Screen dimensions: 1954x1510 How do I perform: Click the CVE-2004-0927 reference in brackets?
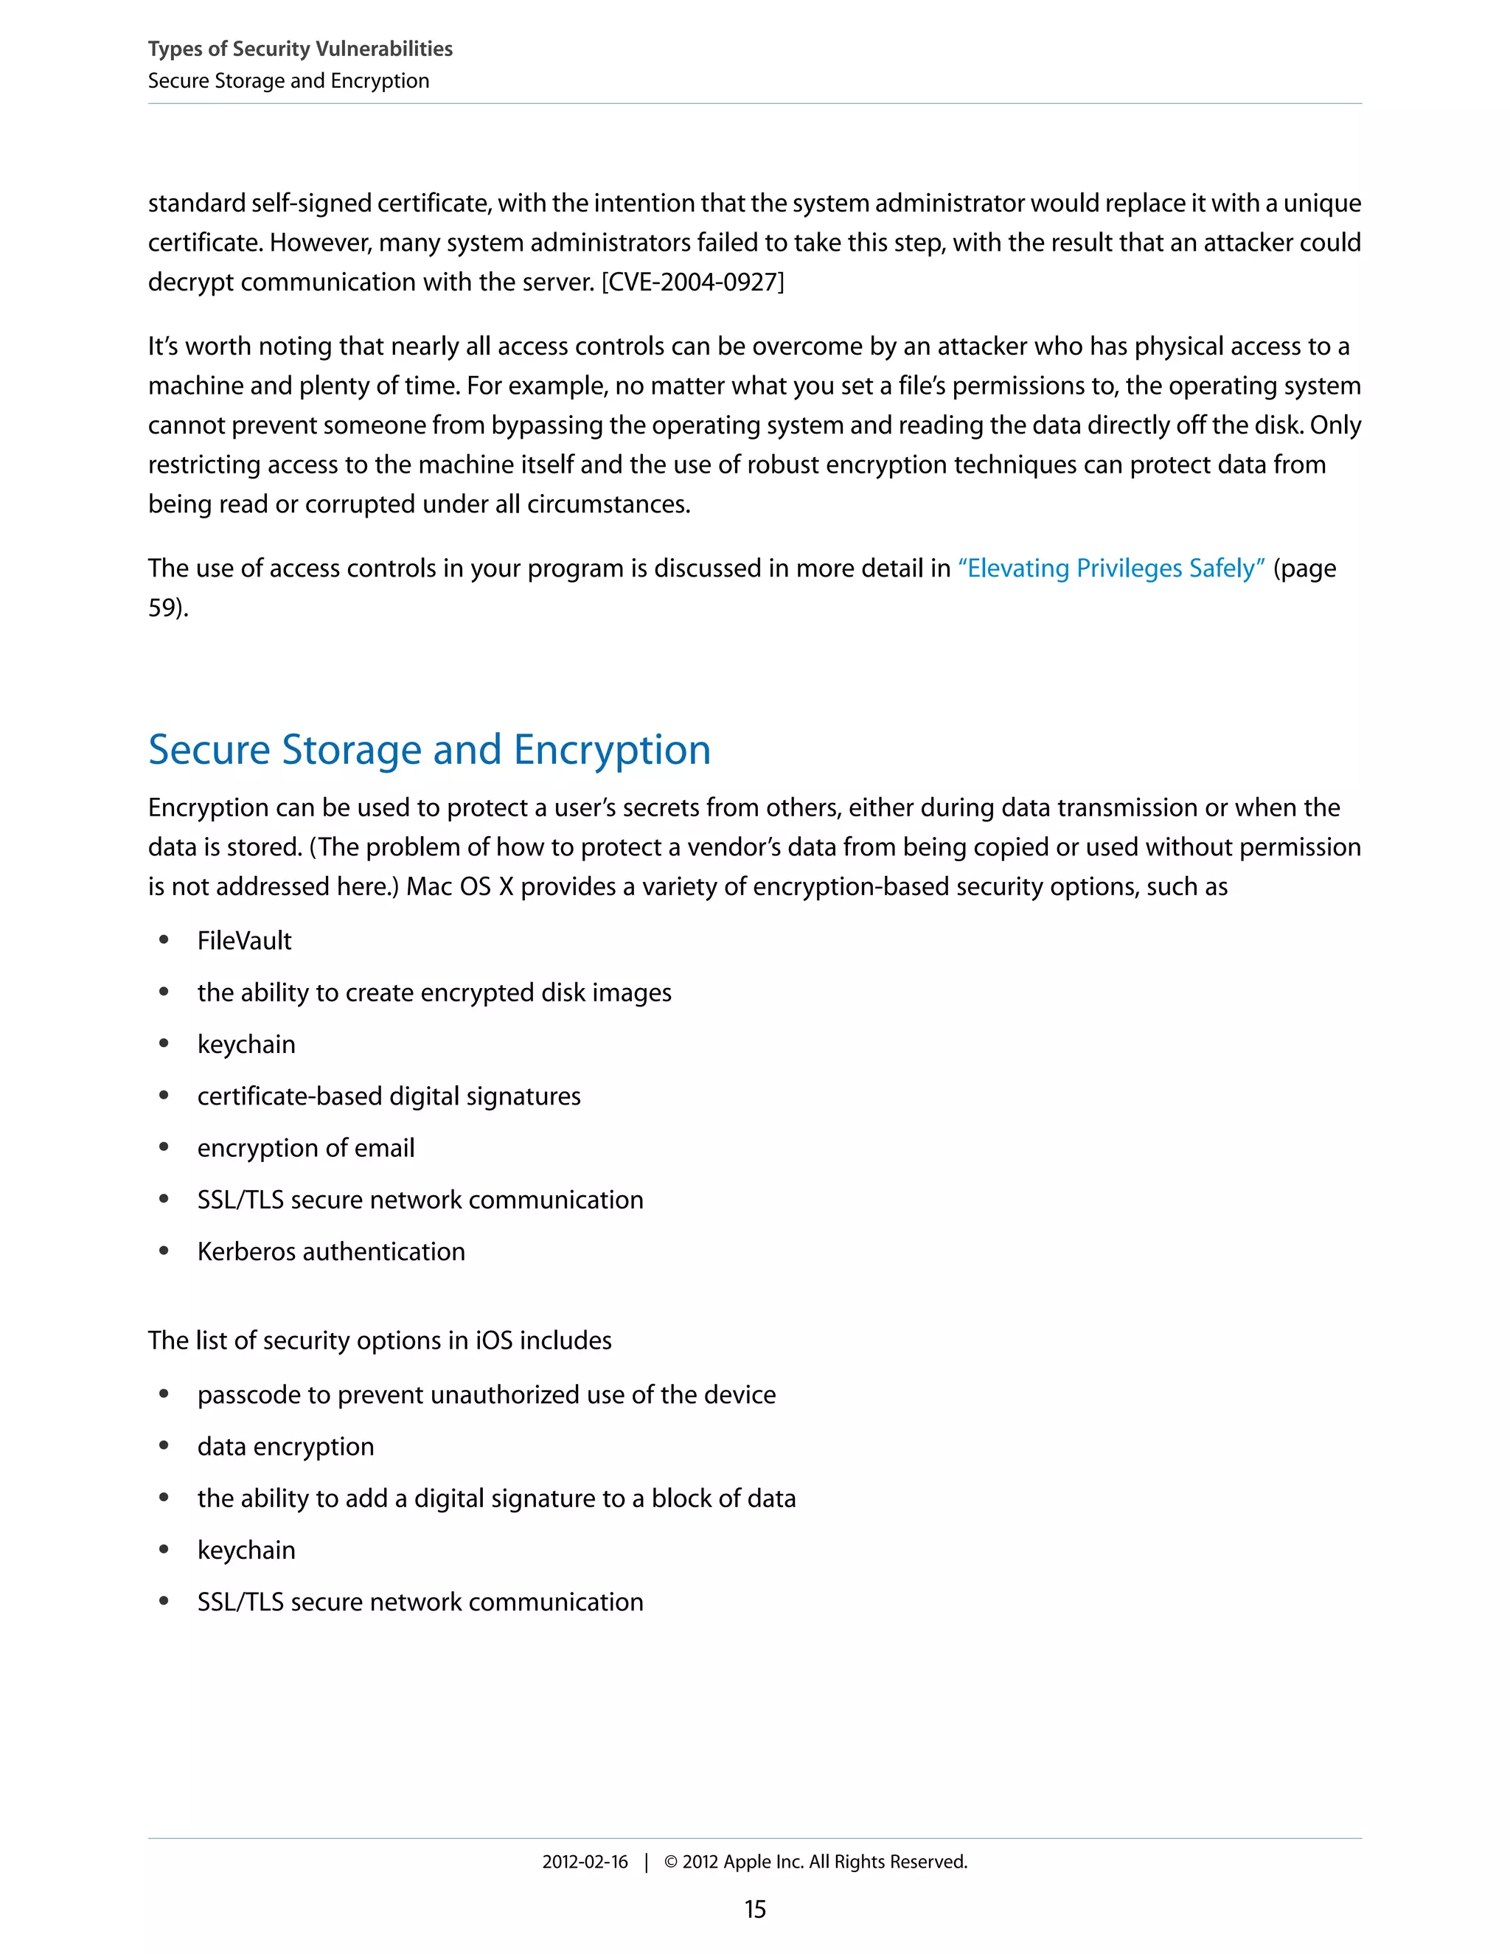[x=692, y=282]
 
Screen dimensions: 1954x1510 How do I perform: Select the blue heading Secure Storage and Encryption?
[x=429, y=749]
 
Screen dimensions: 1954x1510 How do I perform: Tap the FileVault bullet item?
[x=244, y=940]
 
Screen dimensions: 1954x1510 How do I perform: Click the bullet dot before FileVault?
[x=164, y=939]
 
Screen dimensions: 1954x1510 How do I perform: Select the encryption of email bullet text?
[x=306, y=1148]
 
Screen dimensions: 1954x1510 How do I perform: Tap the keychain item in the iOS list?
[x=246, y=1550]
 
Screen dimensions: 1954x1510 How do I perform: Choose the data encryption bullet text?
[x=285, y=1446]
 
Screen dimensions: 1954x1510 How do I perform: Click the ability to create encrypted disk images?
[x=434, y=992]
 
